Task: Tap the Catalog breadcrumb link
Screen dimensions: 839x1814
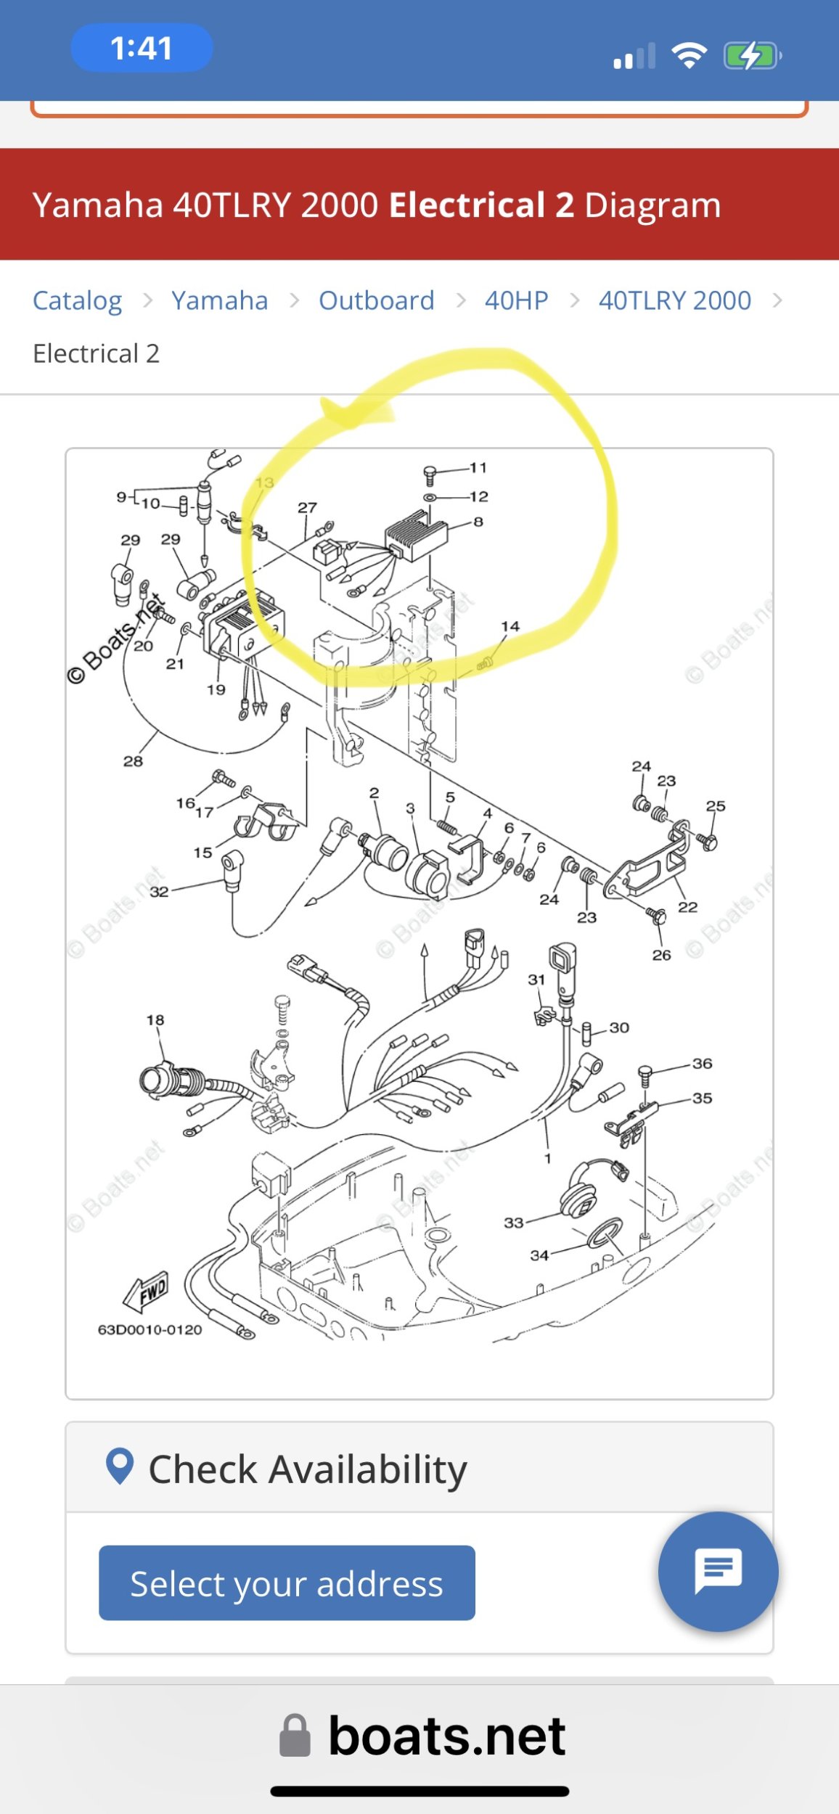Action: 78,300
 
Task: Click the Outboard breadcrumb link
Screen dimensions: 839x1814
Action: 377,300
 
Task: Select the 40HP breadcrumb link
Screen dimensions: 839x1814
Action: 517,300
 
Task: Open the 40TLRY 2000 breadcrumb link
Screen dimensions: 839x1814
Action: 675,300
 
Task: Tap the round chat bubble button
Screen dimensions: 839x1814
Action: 718,1571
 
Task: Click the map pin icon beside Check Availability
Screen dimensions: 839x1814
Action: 120,1466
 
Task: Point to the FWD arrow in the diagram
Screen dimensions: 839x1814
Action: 147,1292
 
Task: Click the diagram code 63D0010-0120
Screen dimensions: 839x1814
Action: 150,1329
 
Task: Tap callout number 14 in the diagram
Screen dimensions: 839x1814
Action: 510,626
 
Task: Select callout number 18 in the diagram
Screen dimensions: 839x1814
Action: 155,1020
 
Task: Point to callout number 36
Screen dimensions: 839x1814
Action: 702,1064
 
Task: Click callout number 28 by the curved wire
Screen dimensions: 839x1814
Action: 133,761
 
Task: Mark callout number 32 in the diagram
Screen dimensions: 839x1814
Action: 159,892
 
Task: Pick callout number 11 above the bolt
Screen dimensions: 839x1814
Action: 478,468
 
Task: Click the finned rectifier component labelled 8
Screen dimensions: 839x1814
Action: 416,535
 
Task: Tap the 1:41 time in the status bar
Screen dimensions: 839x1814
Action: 142,49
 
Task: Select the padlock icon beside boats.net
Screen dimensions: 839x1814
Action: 295,1736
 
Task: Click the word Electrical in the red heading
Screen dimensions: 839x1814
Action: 467,205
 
